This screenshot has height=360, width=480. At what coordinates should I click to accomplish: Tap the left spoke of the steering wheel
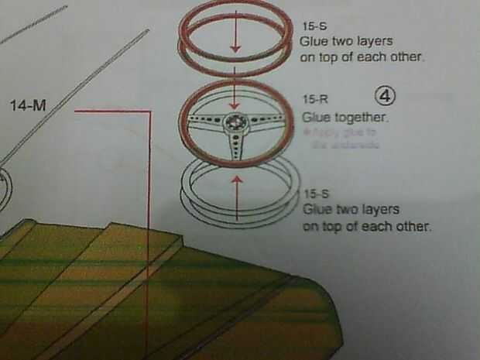click(x=206, y=122)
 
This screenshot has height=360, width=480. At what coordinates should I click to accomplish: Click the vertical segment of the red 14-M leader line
click(x=147, y=232)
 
